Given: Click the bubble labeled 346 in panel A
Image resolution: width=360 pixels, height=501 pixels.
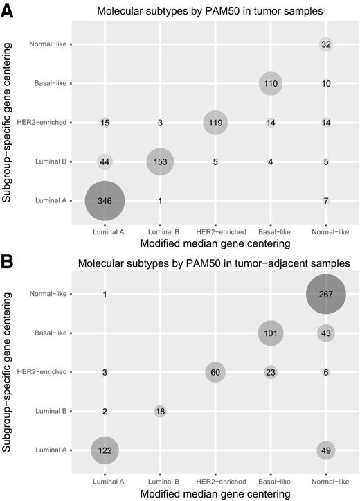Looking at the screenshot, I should click(x=105, y=200).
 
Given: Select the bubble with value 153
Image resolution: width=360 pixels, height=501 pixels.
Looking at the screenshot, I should click(x=160, y=161).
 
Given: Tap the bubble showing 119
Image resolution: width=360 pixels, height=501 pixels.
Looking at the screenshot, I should click(x=215, y=123).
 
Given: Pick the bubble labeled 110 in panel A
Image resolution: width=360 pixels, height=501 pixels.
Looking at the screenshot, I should click(x=271, y=83).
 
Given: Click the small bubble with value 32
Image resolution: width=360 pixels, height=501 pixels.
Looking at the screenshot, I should click(x=326, y=44).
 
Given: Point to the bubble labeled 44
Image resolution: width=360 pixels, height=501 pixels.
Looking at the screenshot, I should click(x=105, y=161).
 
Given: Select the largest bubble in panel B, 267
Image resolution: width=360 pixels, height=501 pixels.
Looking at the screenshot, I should click(x=326, y=294).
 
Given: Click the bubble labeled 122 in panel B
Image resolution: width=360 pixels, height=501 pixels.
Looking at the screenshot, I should click(x=105, y=450).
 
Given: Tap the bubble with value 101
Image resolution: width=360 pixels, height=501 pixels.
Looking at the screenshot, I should click(x=271, y=333).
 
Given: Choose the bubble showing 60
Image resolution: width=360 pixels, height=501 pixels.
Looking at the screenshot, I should click(x=215, y=372).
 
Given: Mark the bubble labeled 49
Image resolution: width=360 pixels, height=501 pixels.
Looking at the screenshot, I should click(x=326, y=450).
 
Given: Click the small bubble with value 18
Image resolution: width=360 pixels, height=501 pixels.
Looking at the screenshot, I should click(x=160, y=411).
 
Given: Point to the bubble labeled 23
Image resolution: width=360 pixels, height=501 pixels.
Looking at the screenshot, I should click(x=271, y=372).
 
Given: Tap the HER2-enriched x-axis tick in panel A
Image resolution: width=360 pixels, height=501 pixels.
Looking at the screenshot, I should click(x=215, y=231).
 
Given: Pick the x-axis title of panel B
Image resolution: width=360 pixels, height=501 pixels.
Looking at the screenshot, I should click(x=215, y=493).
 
